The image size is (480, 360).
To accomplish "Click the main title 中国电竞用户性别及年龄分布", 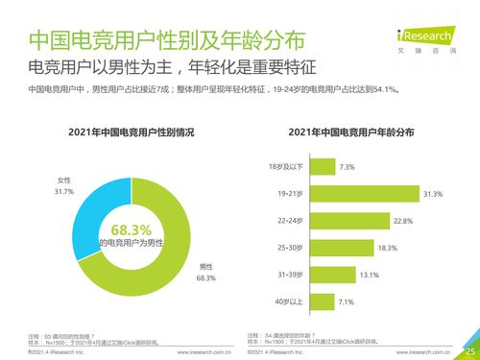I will coord(153,40).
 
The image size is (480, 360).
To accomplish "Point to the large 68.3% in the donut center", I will coord(132,229).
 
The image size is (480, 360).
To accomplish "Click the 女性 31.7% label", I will coord(63,186).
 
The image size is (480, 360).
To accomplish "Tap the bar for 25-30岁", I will coord(340,248).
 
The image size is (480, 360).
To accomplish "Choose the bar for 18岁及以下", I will coord(322,167).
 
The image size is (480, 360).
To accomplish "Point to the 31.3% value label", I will coord(433,194).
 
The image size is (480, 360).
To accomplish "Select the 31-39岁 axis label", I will coord(288,275).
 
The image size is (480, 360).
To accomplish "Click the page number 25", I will coord(469,350).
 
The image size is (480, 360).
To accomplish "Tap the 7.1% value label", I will coord(349,301).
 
